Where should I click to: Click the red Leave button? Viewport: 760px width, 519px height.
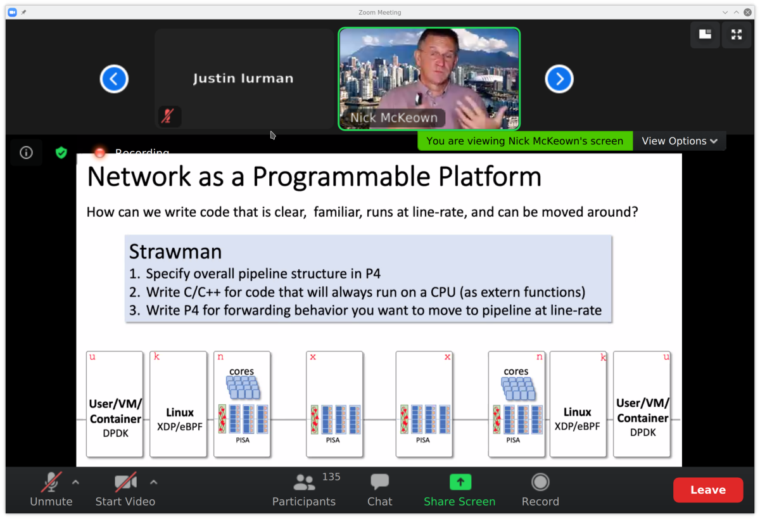(707, 490)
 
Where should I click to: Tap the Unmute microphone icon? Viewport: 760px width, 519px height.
(51, 483)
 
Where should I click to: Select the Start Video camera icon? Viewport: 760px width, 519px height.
(125, 483)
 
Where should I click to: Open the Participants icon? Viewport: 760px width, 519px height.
(304, 483)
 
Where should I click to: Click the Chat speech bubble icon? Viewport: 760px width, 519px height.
(379, 482)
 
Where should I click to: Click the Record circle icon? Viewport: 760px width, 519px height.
(540, 482)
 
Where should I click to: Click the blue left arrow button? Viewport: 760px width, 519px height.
(114, 79)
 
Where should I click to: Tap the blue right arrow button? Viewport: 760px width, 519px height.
(559, 79)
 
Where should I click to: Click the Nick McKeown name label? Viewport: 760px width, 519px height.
(393, 118)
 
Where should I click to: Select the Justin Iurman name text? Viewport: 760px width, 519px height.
(243, 79)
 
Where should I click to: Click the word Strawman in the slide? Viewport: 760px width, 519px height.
(175, 252)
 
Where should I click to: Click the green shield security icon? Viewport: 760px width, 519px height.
(61, 153)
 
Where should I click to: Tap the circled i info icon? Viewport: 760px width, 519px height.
(26, 153)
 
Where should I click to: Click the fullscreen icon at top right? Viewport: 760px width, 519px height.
(736, 35)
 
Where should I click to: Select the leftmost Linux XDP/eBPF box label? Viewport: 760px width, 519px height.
(179, 419)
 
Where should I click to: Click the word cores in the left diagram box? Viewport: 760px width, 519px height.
(241, 371)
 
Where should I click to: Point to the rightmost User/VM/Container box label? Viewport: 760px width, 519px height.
(642, 418)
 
